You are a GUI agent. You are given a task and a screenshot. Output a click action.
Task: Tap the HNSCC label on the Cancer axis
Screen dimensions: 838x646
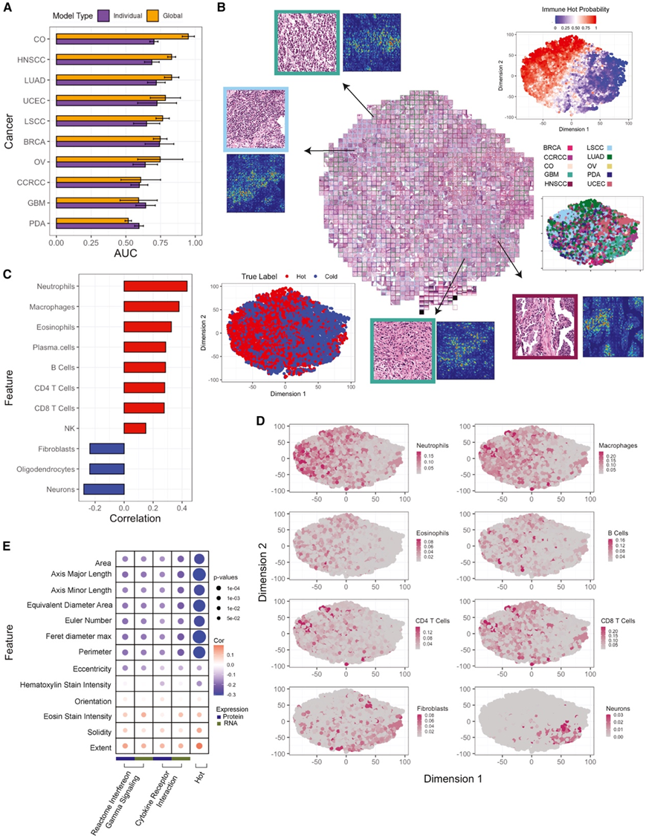point(35,58)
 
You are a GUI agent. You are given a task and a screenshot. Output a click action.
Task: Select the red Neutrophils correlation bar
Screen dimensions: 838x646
point(155,286)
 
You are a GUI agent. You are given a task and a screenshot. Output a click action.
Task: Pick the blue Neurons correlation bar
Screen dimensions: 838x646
point(104,488)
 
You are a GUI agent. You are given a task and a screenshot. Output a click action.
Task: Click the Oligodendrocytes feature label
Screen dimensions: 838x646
point(48,469)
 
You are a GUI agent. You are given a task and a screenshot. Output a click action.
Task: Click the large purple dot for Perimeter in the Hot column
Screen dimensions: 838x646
point(199,652)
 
